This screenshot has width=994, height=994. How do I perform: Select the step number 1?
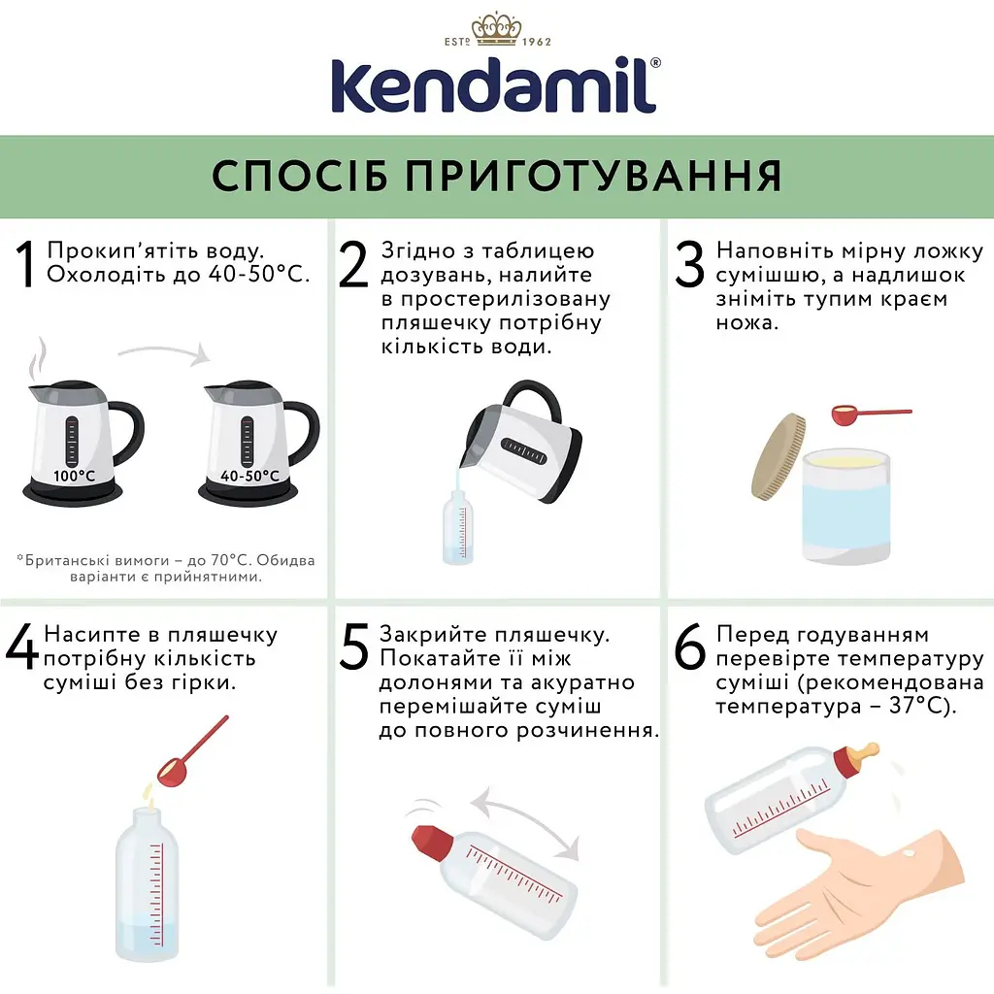coord(26,265)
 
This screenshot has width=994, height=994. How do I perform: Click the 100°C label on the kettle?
coord(74,476)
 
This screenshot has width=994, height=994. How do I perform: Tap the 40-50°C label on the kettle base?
coord(249,476)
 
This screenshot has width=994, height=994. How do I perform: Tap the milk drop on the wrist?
coord(910,854)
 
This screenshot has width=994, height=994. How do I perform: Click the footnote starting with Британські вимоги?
coord(166,569)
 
